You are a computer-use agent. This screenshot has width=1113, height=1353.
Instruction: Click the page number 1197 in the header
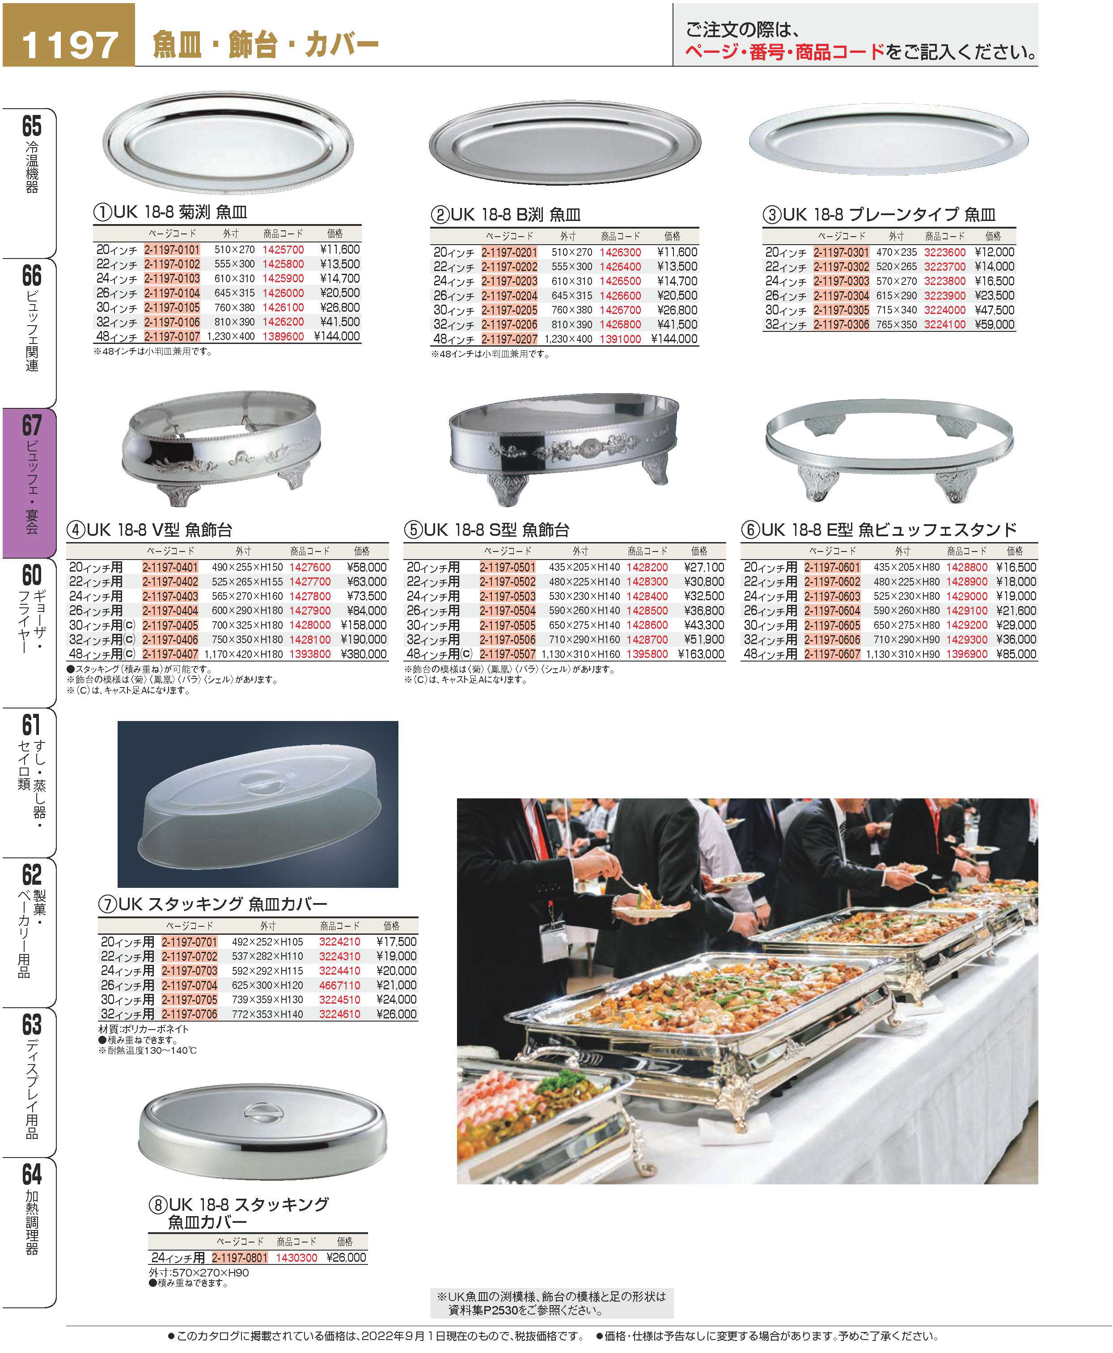pos(69,43)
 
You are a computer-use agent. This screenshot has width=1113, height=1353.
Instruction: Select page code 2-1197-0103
pos(172,278)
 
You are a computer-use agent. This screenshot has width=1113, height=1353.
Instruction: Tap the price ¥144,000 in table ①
pos(337,336)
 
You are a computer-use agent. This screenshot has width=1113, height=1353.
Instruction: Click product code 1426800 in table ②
pos(620,324)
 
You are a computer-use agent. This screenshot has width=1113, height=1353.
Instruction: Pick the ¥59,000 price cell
pos(995,324)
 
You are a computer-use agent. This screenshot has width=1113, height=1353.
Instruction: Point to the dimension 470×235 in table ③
pos(896,252)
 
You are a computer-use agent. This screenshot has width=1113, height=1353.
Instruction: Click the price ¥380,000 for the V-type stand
pos(367,654)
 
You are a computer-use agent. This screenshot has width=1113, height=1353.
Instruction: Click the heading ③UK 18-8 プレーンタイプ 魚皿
pos(889,214)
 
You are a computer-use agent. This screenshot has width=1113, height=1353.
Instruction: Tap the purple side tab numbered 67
pos(30,481)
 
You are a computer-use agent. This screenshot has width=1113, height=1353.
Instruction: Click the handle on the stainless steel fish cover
pos(261,1112)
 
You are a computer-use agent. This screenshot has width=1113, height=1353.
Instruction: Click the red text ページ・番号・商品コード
pos(784,52)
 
